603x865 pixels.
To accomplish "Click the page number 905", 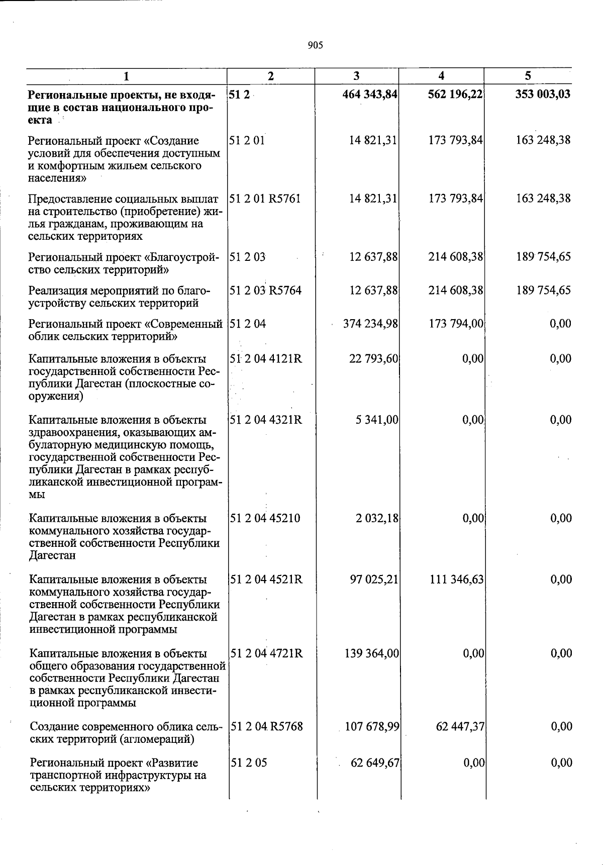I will pyautogui.click(x=315, y=46).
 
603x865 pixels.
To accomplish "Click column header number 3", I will pyautogui.click(x=356, y=76).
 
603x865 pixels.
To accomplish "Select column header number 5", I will pyautogui.click(x=528, y=76).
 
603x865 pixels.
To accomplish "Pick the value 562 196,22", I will pyautogui.click(x=455, y=94).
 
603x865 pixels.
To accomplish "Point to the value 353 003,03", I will pyautogui.click(x=543, y=94).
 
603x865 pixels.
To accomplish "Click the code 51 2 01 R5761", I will pyautogui.click(x=265, y=199).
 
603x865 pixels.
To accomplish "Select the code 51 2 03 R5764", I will pyautogui.click(x=265, y=291).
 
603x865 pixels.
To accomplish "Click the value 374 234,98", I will pyautogui.click(x=370, y=324).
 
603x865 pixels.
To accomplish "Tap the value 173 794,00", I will pyautogui.click(x=456, y=324).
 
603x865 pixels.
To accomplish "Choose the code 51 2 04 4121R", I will pyautogui.click(x=266, y=359).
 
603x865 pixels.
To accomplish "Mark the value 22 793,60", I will pyautogui.click(x=374, y=359).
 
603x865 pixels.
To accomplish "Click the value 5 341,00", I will pyautogui.click(x=377, y=420).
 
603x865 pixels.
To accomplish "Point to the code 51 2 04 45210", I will pyautogui.click(x=265, y=518).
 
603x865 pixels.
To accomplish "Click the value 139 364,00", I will pyautogui.click(x=371, y=653).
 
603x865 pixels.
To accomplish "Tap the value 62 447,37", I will pyautogui.click(x=459, y=726).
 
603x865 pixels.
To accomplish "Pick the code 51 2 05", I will pyautogui.click(x=249, y=763).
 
